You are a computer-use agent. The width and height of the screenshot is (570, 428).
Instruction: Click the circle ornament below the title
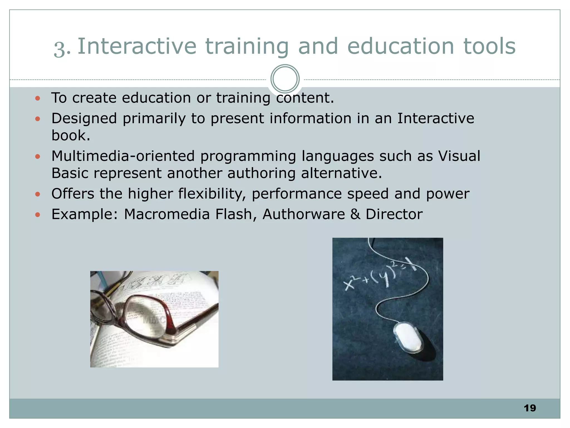[x=285, y=79]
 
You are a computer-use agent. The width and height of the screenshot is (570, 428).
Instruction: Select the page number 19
[x=530, y=408]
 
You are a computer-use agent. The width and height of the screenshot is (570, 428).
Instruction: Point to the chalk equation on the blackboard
[x=380, y=274]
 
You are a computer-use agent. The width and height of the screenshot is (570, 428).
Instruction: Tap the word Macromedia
[x=166, y=214]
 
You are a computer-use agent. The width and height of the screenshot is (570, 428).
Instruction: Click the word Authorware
[x=304, y=214]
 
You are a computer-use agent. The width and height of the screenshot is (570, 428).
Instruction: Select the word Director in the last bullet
[x=394, y=214]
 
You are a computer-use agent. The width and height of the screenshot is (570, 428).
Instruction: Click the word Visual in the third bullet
[x=459, y=156]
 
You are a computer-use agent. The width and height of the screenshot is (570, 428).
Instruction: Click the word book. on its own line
[x=71, y=135]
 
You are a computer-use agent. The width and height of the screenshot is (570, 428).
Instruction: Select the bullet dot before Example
[x=38, y=215]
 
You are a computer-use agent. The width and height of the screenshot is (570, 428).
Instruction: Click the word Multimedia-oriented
[x=123, y=156]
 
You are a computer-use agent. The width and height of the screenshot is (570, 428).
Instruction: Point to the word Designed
[x=84, y=118]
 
